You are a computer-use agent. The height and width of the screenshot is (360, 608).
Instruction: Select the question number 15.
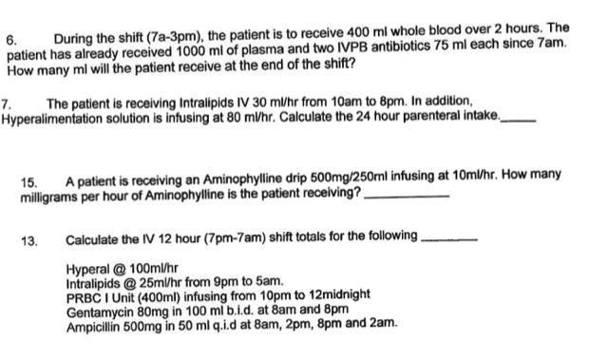click(29, 177)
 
